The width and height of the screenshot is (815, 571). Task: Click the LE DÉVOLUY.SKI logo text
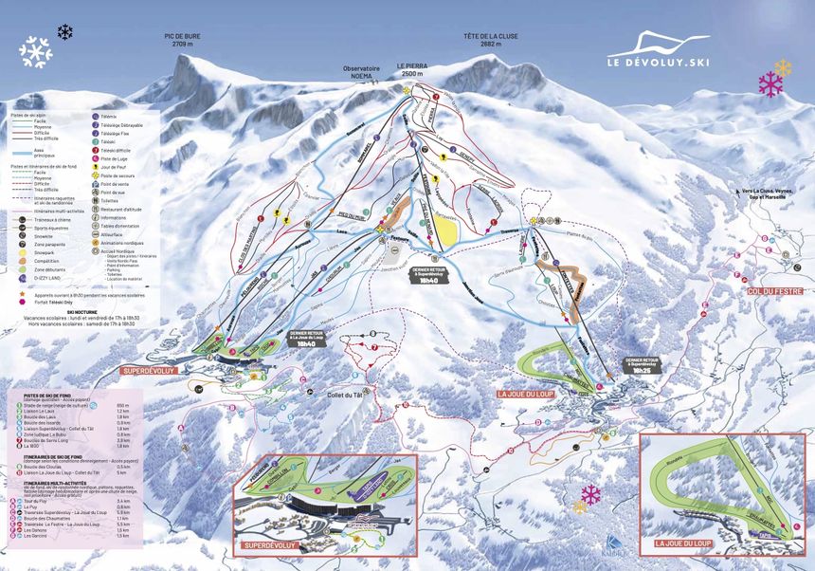click(658, 64)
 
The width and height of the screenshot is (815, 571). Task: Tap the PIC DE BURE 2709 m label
click(188, 40)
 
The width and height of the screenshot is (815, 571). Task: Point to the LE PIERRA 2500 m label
click(411, 70)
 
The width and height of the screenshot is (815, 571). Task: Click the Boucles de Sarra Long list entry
click(52, 440)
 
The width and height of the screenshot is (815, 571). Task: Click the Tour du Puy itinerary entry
click(38, 501)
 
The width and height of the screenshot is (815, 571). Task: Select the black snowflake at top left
click(64, 32)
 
